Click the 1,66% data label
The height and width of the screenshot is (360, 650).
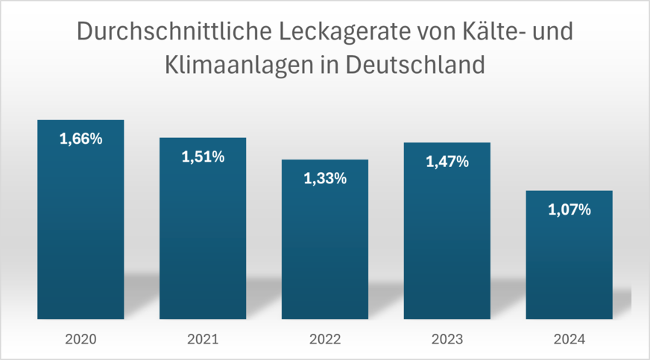click(81, 139)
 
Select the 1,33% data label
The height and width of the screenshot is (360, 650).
click(325, 179)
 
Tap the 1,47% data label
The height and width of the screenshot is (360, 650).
click(447, 161)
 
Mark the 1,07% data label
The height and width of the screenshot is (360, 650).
click(569, 210)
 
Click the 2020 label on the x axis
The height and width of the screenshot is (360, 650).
click(81, 340)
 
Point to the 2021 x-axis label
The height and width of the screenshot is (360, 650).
click(203, 340)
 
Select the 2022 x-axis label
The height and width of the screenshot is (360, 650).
click(325, 340)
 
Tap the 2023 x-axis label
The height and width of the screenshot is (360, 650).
click(447, 340)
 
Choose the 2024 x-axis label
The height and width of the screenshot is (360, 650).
click(569, 340)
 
